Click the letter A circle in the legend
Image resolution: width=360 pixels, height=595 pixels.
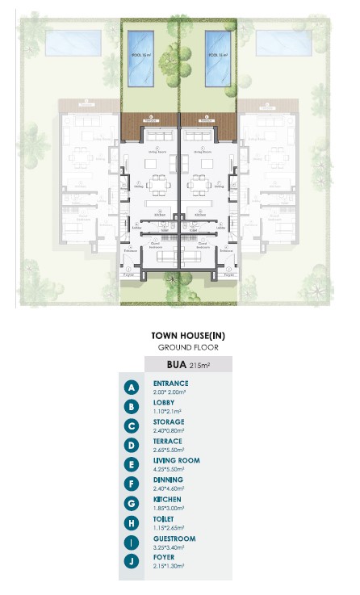(132, 388)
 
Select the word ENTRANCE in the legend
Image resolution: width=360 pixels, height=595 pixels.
(170, 383)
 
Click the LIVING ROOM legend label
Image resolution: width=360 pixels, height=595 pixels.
(176, 461)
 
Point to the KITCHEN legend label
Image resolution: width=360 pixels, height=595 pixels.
(167, 500)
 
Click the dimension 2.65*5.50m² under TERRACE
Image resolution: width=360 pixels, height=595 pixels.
(168, 450)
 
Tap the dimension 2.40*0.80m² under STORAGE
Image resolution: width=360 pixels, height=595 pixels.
(168, 430)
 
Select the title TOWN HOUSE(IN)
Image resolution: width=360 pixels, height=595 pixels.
(186, 336)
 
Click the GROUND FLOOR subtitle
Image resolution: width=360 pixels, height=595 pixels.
(186, 348)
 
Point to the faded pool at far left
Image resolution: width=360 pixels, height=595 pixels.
(73, 43)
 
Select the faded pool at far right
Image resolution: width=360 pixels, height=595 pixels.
(284, 43)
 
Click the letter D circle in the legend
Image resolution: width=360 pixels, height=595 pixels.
(132, 446)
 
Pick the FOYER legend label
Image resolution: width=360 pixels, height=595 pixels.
(164, 558)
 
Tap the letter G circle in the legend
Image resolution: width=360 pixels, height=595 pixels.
(132, 504)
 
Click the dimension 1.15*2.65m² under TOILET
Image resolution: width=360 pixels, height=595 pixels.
(168, 527)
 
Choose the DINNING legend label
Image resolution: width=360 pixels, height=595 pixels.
(168, 480)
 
